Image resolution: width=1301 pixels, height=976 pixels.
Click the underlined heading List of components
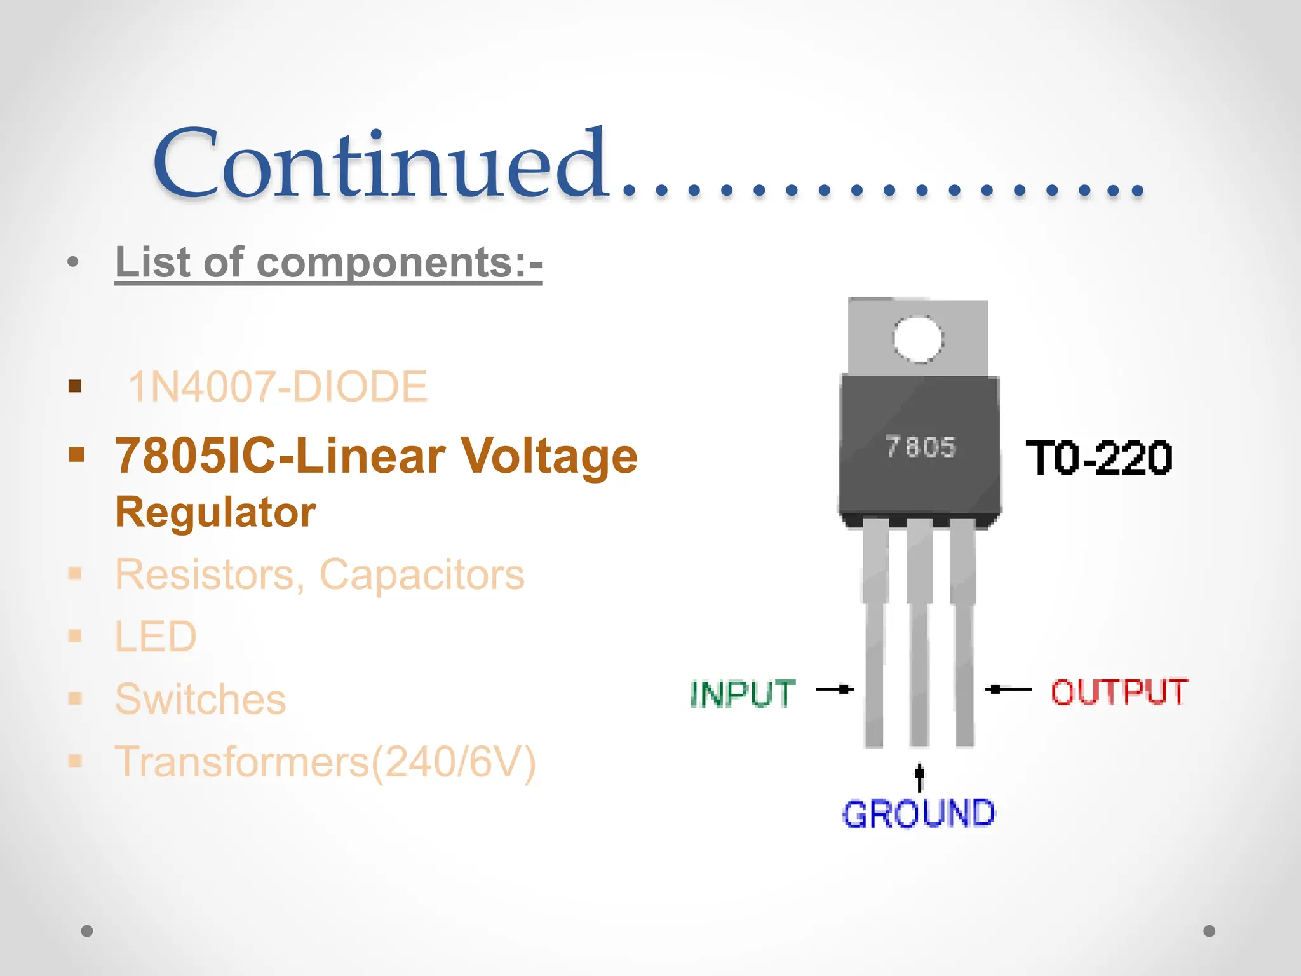click(328, 262)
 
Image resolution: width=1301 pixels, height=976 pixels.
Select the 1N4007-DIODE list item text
click(278, 386)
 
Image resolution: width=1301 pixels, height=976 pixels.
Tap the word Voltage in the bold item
click(548, 456)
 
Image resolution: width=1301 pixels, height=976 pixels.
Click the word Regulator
click(215, 512)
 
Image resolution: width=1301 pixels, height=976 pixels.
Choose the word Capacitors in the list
click(422, 574)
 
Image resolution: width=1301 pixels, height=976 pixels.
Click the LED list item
click(156, 636)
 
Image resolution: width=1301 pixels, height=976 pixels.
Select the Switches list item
click(200, 699)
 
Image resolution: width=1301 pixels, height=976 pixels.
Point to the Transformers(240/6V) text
click(325, 761)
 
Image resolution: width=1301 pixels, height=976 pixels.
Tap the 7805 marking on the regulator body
click(920, 447)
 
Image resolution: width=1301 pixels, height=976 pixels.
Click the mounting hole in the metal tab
click(918, 339)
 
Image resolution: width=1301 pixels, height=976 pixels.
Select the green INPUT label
click(743, 693)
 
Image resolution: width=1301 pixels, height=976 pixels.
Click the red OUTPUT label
click(1119, 692)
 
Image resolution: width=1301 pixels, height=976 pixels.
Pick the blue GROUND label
click(919, 814)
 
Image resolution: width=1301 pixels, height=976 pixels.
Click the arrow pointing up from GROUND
click(919, 777)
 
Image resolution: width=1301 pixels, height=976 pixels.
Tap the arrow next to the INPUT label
click(835, 689)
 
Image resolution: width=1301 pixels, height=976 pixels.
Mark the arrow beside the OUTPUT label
click(1009, 689)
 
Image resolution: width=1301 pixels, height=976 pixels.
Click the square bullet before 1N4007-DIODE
click(75, 386)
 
